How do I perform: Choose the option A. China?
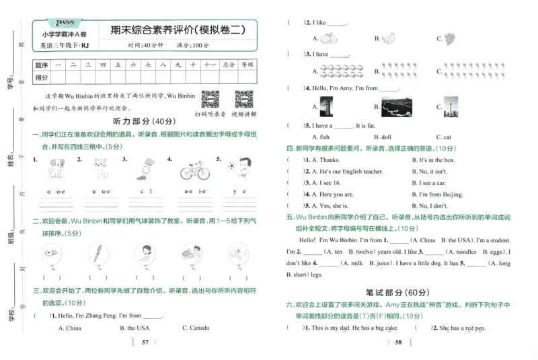pyautogui.click(x=69, y=328)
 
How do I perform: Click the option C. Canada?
pyautogui.click(x=195, y=328)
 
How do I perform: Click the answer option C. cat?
pyautogui.click(x=443, y=137)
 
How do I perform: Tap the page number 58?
pyautogui.click(x=398, y=343)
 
